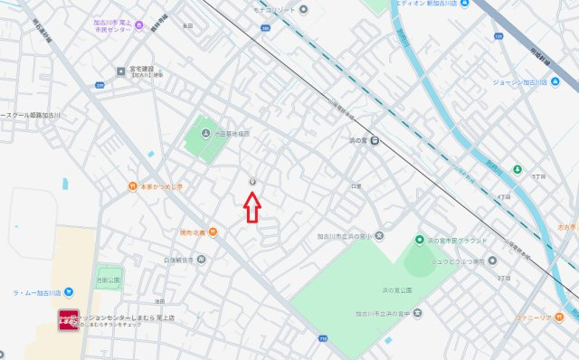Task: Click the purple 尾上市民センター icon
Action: (138, 24)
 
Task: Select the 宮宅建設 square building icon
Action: (120, 70)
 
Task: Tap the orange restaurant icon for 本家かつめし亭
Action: (132, 187)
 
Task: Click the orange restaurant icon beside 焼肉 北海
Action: (212, 232)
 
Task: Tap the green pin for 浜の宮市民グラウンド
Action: (419, 240)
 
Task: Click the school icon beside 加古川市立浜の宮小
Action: (379, 237)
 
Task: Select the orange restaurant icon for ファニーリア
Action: (560, 317)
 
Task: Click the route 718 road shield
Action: (323, 337)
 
